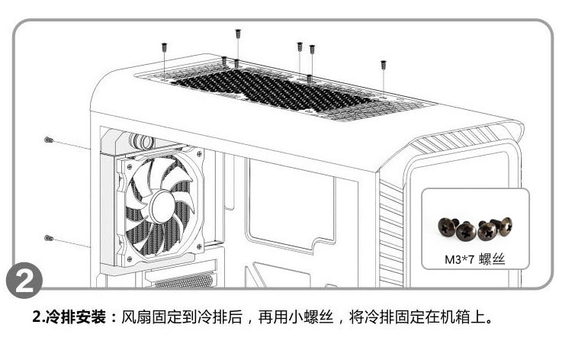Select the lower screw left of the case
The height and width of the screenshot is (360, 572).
click(x=47, y=238)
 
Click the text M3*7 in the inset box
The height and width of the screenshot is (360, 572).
click(x=459, y=259)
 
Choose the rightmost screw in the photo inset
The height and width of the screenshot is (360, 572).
click(x=504, y=223)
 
